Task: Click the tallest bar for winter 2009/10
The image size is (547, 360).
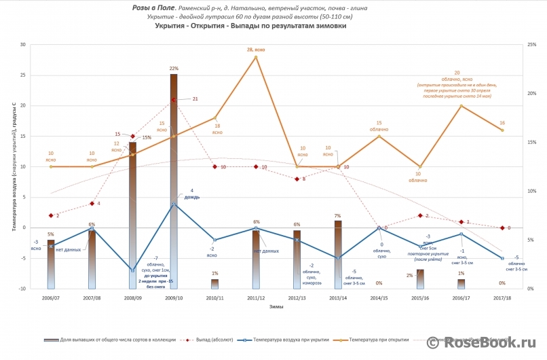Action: pyautogui.click(x=174, y=177)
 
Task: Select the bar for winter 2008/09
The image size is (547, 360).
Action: pyautogui.click(x=133, y=211)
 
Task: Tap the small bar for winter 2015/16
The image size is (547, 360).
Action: pyautogui.click(x=420, y=279)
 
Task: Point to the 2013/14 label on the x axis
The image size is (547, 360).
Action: pyautogui.click(x=338, y=298)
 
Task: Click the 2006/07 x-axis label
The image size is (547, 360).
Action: pyautogui.click(x=51, y=298)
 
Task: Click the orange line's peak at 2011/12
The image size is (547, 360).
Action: pyautogui.click(x=256, y=57)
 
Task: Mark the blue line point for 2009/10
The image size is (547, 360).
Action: pyautogui.click(x=174, y=204)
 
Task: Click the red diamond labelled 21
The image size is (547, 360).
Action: pyautogui.click(x=174, y=100)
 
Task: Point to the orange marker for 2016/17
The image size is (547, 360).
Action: pyautogui.click(x=461, y=106)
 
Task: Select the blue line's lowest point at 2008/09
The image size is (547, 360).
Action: pyautogui.click(x=133, y=270)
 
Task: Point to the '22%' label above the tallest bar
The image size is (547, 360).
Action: pyautogui.click(x=174, y=69)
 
